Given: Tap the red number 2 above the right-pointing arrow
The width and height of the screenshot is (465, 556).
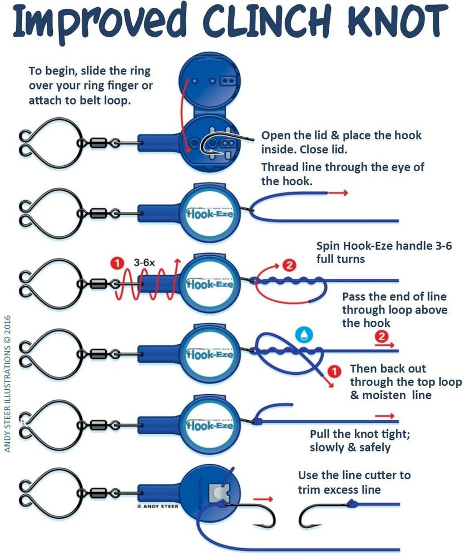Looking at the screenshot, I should click(382, 336).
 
